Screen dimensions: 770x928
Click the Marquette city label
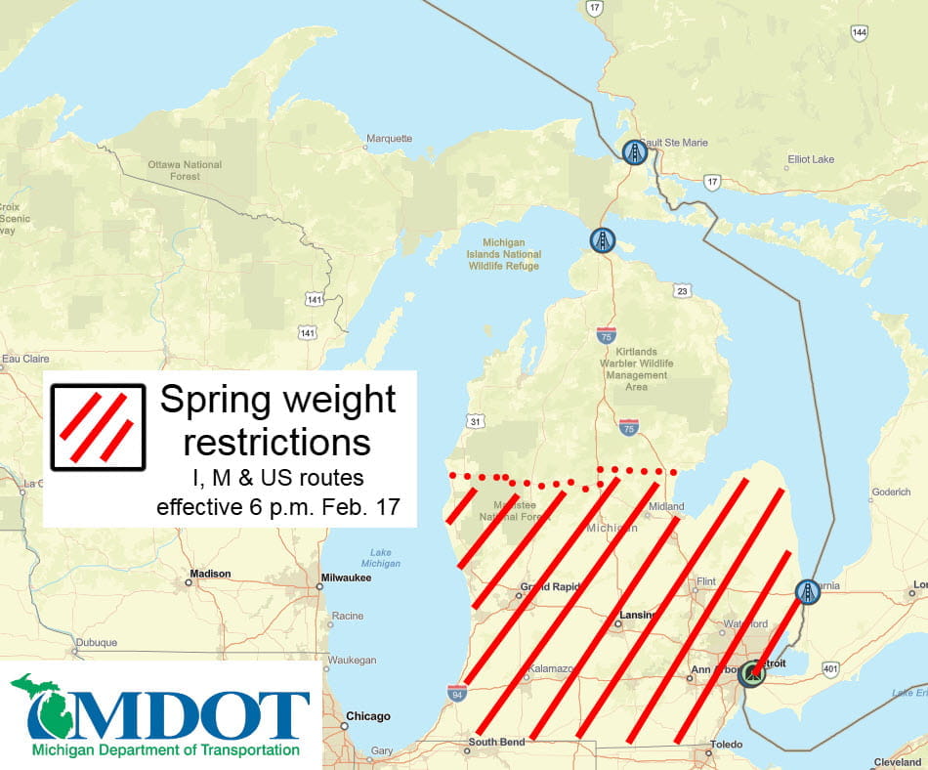point(389,139)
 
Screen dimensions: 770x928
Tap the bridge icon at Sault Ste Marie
point(635,152)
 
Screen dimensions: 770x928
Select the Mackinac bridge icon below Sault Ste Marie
point(603,240)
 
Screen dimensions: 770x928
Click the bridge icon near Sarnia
point(807,591)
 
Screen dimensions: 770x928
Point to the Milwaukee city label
point(348,578)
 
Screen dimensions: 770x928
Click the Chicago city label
point(368,716)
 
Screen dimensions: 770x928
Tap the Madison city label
point(211,574)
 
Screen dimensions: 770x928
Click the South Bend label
point(496,743)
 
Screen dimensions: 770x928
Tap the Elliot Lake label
point(813,158)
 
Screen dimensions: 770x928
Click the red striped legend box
point(98,427)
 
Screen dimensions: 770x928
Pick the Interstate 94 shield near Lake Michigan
point(456,693)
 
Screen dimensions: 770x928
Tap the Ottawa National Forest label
point(185,170)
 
